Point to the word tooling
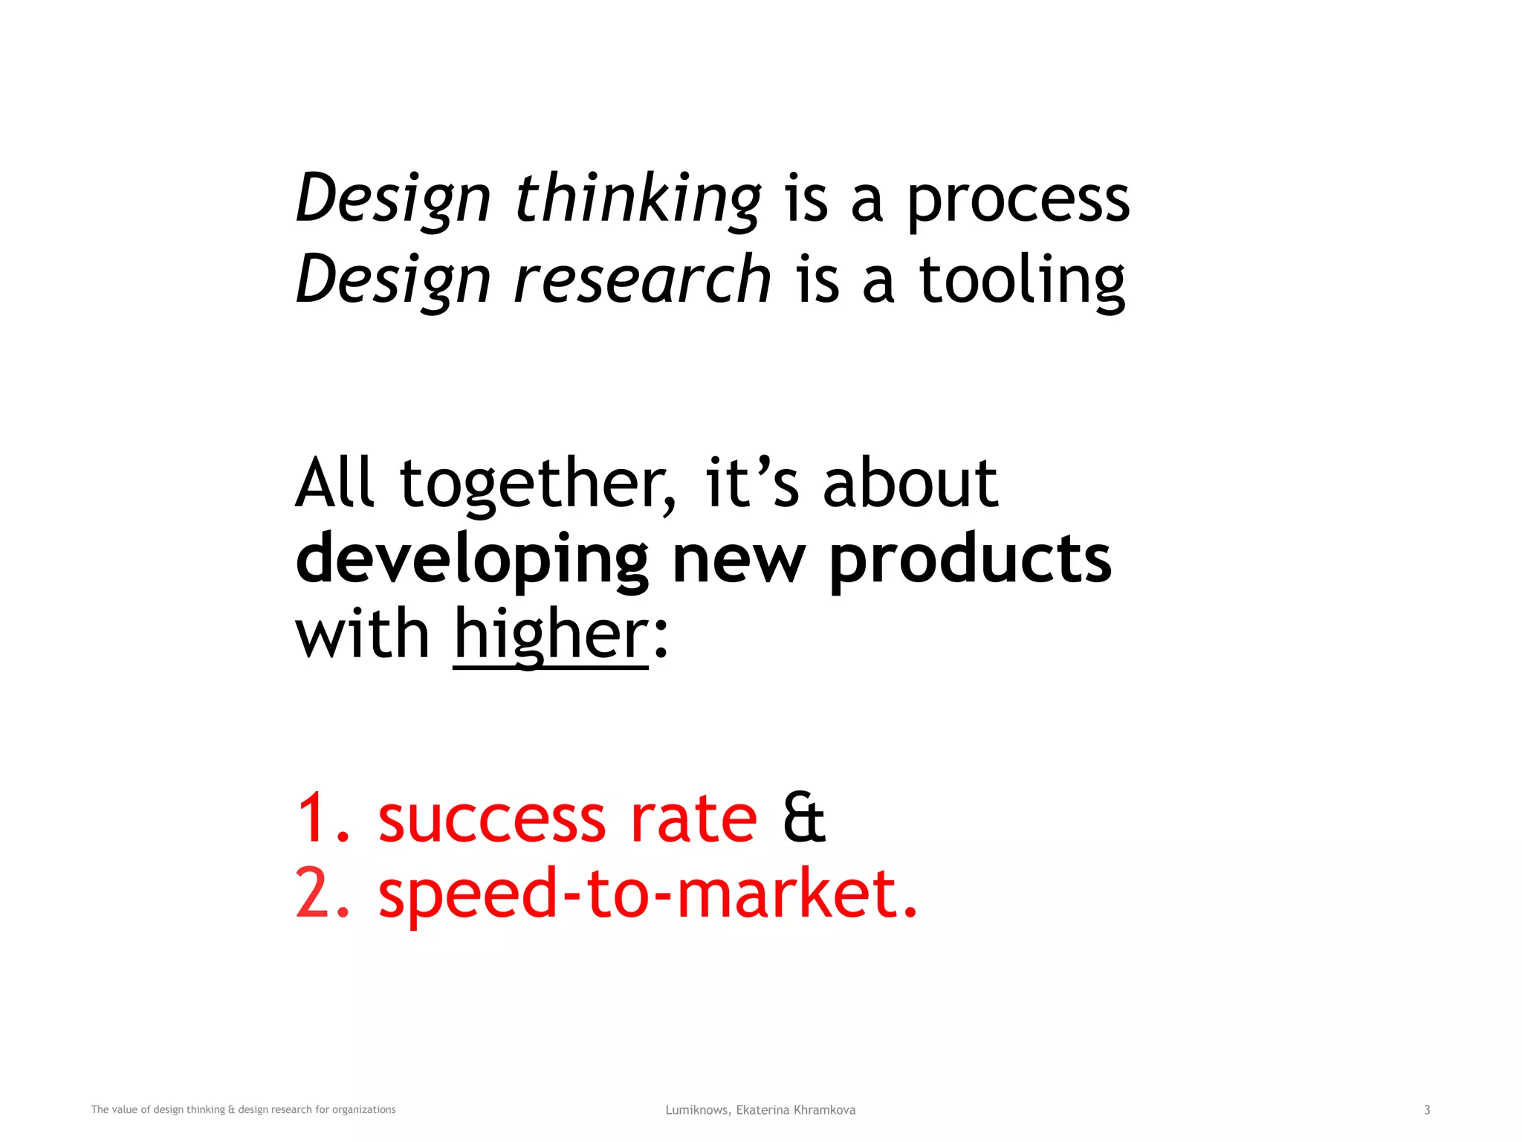click(1022, 281)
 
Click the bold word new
click(739, 559)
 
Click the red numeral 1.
click(315, 819)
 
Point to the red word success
click(492, 819)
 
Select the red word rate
click(694, 819)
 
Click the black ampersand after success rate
click(804, 819)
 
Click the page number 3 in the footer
click(1427, 1110)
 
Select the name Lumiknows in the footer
click(697, 1110)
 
